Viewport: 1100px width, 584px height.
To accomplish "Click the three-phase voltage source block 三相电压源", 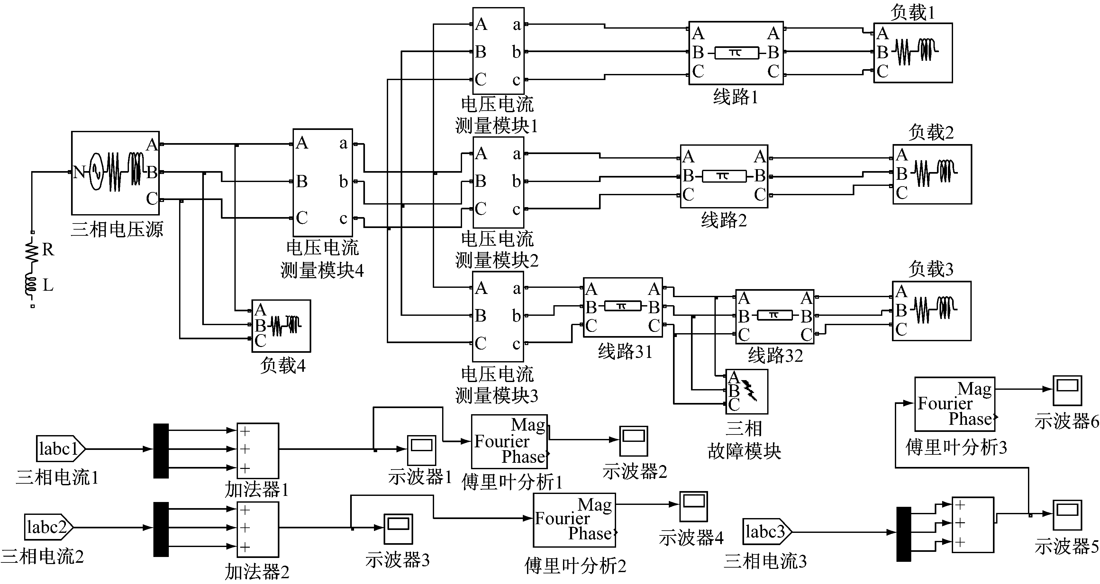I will [x=115, y=173].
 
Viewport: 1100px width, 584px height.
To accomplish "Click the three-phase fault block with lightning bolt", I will [x=746, y=392].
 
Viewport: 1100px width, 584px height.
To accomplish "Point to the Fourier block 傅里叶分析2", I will [x=574, y=520].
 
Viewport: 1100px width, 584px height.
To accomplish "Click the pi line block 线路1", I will [x=736, y=53].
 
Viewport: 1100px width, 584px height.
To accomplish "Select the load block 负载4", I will [x=281, y=326].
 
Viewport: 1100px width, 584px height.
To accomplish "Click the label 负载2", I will [x=931, y=133].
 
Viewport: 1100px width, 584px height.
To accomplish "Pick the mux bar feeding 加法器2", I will [x=161, y=529].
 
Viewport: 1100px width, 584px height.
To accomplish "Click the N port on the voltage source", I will [x=79, y=172].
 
